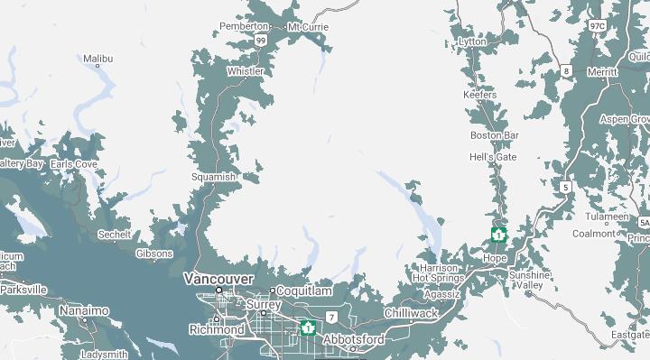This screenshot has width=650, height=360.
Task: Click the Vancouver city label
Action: [218, 279]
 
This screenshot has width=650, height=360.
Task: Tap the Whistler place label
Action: [246, 71]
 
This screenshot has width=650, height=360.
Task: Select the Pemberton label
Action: [244, 27]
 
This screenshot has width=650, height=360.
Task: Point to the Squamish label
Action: [213, 177]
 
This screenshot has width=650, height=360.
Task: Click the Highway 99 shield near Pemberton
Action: [260, 41]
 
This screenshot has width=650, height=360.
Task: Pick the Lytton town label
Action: [472, 42]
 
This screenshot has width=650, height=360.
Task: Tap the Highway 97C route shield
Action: [597, 27]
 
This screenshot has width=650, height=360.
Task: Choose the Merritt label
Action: [602, 72]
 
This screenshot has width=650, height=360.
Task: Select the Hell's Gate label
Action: [493, 157]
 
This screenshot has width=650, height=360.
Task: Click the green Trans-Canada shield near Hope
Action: [497, 235]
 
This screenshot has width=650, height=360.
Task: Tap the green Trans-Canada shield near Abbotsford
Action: [308, 328]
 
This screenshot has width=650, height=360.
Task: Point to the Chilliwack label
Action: [411, 313]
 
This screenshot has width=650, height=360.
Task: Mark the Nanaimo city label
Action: [84, 310]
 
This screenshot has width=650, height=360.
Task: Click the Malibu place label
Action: [97, 60]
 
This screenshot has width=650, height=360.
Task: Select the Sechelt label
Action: [115, 235]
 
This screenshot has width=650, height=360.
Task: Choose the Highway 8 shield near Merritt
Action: [565, 70]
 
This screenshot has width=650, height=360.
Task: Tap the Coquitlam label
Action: [303, 291]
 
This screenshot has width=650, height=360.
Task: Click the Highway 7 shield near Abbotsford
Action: [332, 318]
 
